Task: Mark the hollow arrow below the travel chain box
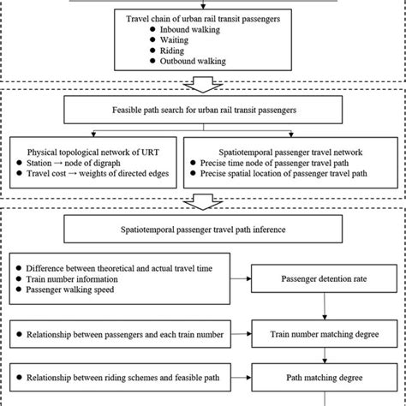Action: [x=202, y=82]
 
